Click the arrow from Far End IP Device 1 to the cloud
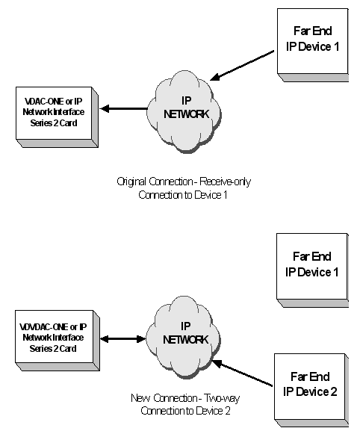(x=243, y=63)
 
